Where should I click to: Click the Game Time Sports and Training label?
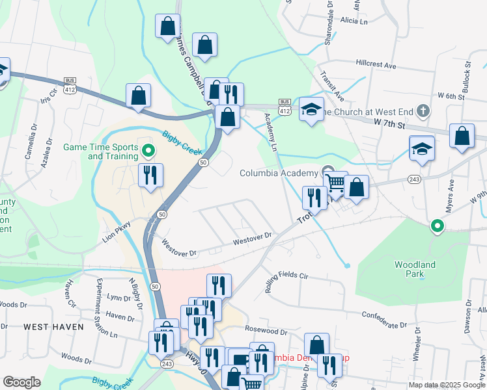(100, 151)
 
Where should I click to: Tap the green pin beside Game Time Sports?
(148, 151)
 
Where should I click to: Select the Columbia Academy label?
(280, 173)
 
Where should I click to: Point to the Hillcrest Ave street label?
(376, 66)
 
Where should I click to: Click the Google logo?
(21, 382)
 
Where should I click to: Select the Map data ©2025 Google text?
(447, 385)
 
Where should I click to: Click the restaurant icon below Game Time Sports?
(151, 175)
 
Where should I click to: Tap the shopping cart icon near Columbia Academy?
(336, 183)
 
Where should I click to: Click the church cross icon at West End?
(423, 111)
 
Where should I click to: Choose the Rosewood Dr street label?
(266, 331)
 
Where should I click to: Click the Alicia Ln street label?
(354, 21)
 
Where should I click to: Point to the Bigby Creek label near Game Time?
(178, 139)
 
